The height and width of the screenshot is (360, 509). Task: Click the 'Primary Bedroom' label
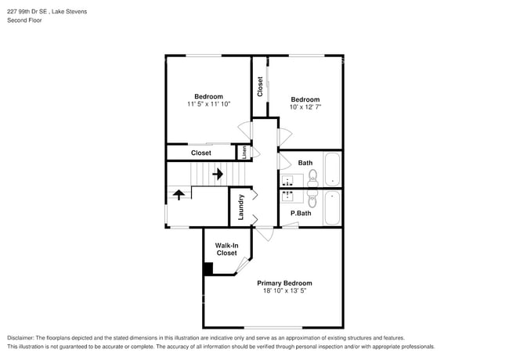click(285, 283)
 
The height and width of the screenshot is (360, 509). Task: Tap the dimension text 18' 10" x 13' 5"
click(285, 291)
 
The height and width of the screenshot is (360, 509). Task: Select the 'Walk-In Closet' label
click(226, 249)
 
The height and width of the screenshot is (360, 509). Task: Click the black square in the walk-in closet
click(208, 268)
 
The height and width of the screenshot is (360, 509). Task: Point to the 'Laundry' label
click(240, 207)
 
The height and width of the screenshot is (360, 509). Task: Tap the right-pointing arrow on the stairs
click(217, 174)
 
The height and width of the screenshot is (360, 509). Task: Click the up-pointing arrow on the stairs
click(179, 194)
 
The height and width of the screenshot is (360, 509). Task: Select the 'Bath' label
click(305, 163)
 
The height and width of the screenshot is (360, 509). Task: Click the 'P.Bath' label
click(301, 213)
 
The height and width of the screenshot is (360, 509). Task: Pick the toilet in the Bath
click(312, 176)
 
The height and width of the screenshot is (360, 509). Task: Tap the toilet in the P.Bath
click(312, 199)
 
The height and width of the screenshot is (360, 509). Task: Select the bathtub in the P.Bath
click(332, 207)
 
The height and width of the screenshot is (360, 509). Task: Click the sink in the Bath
click(287, 179)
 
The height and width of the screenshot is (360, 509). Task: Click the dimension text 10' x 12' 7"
click(305, 106)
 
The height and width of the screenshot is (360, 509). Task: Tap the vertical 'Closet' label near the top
click(259, 86)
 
